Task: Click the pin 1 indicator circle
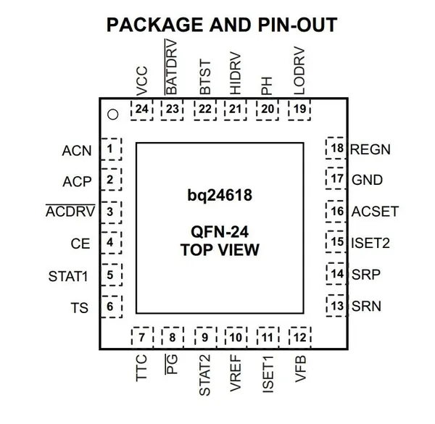coord(113,115)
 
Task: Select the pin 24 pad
coord(142,110)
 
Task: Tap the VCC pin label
coord(142,81)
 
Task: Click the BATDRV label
coord(171,67)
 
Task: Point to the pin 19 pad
coord(299,110)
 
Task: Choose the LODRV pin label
coord(299,71)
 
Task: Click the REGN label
coord(370,149)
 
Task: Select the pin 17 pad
coord(336,178)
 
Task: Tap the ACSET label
coord(375,212)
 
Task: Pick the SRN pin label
coord(366,306)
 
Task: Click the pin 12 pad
coord(300,338)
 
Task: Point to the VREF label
coord(236,373)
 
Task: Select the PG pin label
coord(172,364)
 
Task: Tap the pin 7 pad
coord(142,338)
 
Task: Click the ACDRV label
coord(70,211)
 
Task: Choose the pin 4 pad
coord(111,243)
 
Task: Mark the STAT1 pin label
coord(68,276)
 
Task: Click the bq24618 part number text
coord(220,195)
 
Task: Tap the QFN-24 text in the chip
coord(220,232)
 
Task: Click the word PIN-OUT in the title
coord(297,25)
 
